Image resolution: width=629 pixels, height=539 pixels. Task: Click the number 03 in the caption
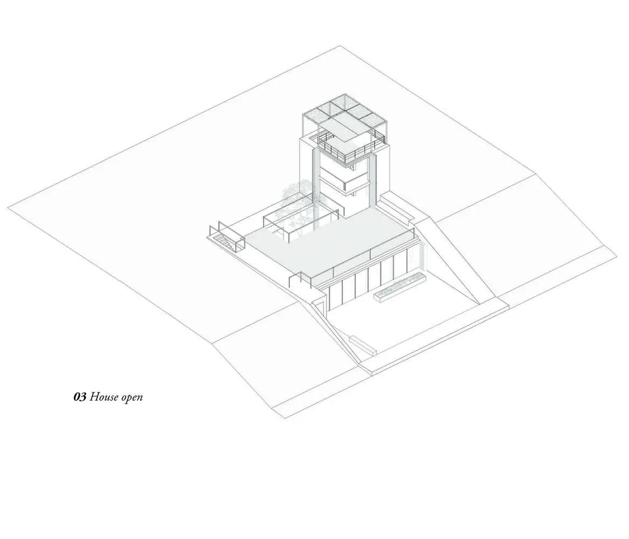click(80, 397)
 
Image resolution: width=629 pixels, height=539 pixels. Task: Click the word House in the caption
click(105, 397)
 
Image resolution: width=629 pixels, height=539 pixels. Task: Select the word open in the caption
click(132, 398)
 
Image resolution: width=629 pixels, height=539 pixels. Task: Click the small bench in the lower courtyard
click(363, 345)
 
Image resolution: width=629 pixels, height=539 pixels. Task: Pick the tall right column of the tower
click(372, 181)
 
